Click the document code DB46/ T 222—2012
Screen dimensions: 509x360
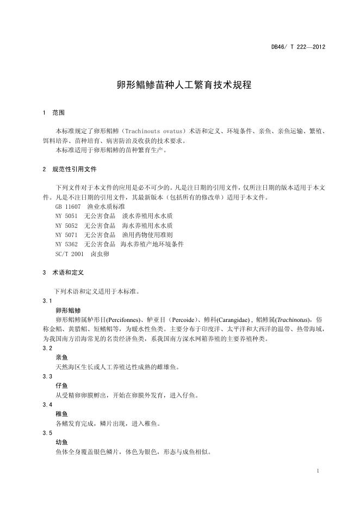[298, 47]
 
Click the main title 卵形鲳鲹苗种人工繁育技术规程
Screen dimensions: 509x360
[184, 85]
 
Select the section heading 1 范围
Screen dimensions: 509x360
[53, 113]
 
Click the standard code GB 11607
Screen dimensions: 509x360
[68, 207]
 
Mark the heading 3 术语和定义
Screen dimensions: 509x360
[63, 272]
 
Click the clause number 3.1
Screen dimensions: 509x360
[47, 301]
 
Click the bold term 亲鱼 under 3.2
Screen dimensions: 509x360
[61, 357]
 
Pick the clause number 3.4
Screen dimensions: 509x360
[47, 405]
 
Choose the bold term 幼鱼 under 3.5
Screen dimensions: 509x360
[61, 442]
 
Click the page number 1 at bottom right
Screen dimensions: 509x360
[317, 470]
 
